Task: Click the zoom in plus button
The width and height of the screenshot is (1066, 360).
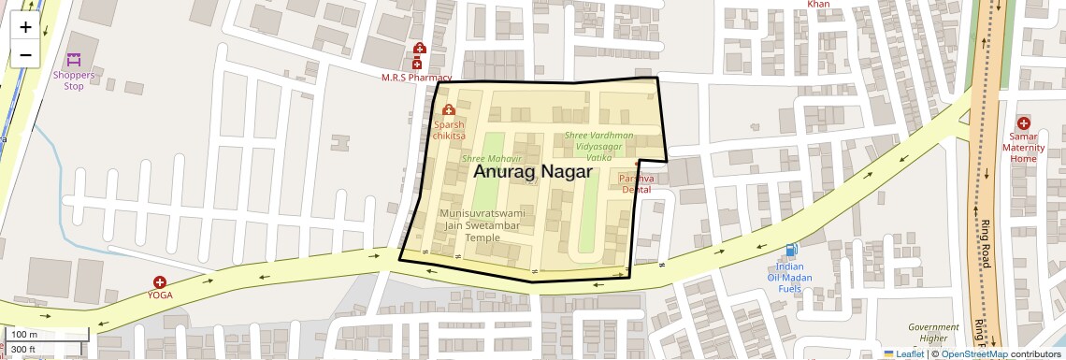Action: pos(25,27)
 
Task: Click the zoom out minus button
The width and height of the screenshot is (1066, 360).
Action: pos(25,55)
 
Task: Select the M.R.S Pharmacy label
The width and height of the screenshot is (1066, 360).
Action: pos(416,78)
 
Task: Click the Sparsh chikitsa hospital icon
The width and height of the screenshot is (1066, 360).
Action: pos(449,111)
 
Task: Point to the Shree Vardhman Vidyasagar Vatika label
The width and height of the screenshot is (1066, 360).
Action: pos(598,147)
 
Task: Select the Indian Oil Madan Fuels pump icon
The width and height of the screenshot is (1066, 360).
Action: pos(792,250)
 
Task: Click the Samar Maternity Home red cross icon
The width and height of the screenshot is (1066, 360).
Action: pos(1023,122)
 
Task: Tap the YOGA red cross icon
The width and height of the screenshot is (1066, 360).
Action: pos(160,281)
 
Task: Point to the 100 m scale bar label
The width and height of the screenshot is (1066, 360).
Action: pos(24,335)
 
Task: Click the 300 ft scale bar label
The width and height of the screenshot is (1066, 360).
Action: pos(23,350)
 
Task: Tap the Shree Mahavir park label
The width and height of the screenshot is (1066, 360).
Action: pos(491,159)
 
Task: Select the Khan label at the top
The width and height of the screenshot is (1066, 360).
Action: pos(818,4)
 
